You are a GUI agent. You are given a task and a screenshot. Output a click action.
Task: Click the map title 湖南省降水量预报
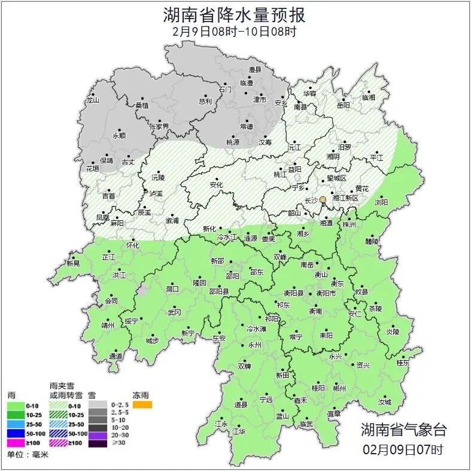[x=235, y=14]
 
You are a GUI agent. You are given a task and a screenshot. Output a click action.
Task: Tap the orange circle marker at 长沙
[x=323, y=199]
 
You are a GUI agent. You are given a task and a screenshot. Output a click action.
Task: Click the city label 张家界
[x=159, y=126]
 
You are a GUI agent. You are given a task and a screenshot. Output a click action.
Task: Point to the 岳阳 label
[x=343, y=105]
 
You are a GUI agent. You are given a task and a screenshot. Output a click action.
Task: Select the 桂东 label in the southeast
[x=403, y=362]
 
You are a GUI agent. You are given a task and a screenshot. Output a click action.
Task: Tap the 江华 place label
[x=239, y=431]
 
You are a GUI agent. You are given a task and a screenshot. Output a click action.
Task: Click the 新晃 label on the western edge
[x=73, y=263]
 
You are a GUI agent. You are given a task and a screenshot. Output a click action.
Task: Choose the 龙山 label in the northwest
[x=92, y=100]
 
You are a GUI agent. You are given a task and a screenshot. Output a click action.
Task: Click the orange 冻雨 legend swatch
[x=142, y=405]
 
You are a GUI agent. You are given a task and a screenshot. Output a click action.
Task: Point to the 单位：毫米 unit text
[x=28, y=455]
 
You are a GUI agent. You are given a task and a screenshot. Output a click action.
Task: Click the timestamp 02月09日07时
[x=403, y=449]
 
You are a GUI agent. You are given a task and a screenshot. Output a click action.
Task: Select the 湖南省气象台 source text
[x=403, y=430]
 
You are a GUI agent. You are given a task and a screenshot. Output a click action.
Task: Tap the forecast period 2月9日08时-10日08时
[x=235, y=31]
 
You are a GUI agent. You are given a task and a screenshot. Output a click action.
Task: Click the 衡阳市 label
[x=326, y=293]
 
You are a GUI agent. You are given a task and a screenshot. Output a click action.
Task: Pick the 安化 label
[x=215, y=185]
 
